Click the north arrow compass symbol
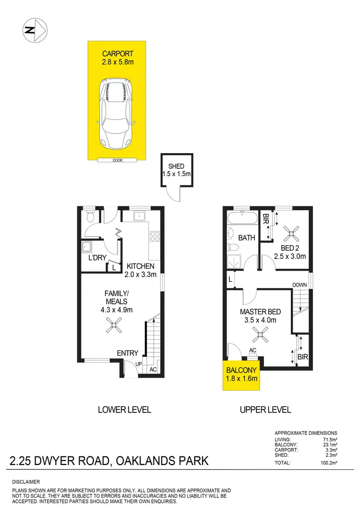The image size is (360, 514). click(x=35, y=30)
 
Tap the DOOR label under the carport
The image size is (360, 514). click(x=117, y=160)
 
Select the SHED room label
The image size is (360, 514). click(x=176, y=167)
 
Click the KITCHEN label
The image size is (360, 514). click(x=140, y=266)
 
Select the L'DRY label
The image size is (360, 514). click(x=96, y=258)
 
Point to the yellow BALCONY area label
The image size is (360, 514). click(x=242, y=370)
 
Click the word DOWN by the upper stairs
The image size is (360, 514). click(x=300, y=285)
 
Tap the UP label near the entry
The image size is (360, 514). click(x=139, y=364)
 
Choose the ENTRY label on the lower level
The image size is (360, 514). click(x=128, y=353)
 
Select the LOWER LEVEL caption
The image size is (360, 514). click(x=124, y=409)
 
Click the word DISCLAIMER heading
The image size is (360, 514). click(x=27, y=481)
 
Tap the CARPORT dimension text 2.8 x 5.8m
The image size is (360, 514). click(x=117, y=61)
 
